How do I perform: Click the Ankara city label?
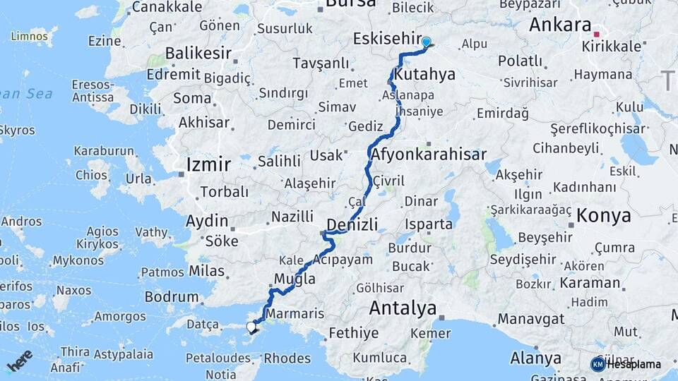pyautogui.click(x=560, y=25)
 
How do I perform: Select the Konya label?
pyautogui.click(x=603, y=216)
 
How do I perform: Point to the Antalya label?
pyautogui.click(x=403, y=308)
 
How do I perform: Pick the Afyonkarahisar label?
pyautogui.click(x=429, y=155)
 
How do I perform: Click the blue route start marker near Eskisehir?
pyautogui.click(x=426, y=42)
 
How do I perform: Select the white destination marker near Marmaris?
pyautogui.click(x=251, y=327)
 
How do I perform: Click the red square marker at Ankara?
pyautogui.click(x=597, y=34)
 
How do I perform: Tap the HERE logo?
pyautogui.click(x=20, y=361)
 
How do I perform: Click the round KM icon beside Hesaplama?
pyautogui.click(x=598, y=364)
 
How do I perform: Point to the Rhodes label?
pyautogui.click(x=287, y=358)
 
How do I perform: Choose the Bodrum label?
pyautogui.click(x=172, y=297)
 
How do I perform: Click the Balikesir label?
pyautogui.click(x=198, y=53)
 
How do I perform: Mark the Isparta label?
pyautogui.click(x=429, y=225)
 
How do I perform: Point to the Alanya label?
pyautogui.click(x=535, y=358)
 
